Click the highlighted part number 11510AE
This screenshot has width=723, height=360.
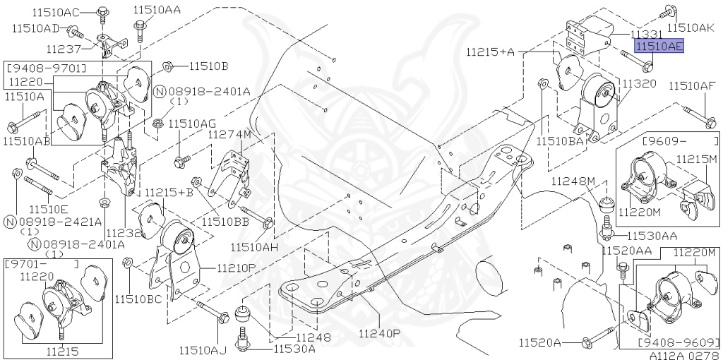(x=659, y=47)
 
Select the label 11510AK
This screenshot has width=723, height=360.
(x=691, y=28)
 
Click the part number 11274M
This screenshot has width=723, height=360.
(x=229, y=134)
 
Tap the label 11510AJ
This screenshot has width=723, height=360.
(x=203, y=349)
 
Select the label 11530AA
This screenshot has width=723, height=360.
(x=652, y=235)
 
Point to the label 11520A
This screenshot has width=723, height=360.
(x=539, y=343)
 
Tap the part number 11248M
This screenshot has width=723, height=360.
(x=574, y=181)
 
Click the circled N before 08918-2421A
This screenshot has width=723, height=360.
(x=10, y=222)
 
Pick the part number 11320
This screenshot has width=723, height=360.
(x=639, y=83)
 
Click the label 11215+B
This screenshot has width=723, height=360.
(x=169, y=192)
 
